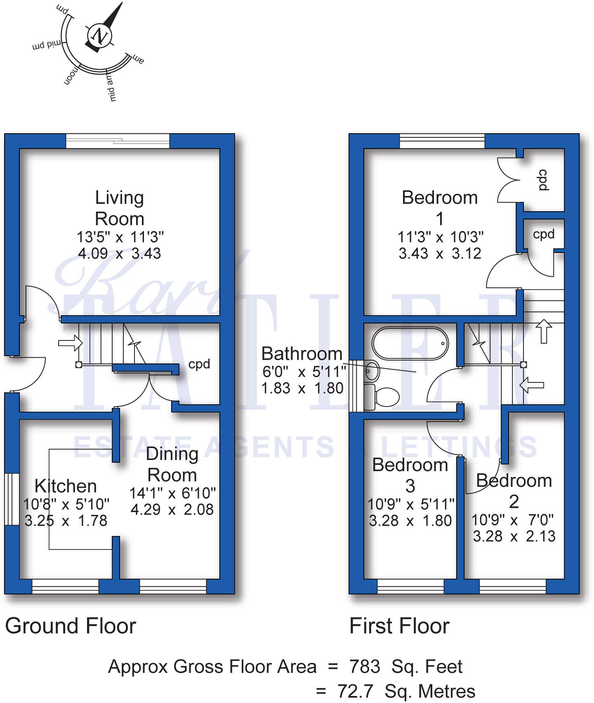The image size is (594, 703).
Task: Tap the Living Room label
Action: click(x=120, y=208)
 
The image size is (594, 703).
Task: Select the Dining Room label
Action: click(x=172, y=464)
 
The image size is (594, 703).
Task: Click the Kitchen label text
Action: click(x=66, y=486)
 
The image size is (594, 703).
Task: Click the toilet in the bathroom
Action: click(x=382, y=397)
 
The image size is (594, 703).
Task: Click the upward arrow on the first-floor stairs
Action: click(x=544, y=330)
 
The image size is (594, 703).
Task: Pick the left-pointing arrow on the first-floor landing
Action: click(x=531, y=385)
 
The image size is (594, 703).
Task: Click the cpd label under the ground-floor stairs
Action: click(x=199, y=364)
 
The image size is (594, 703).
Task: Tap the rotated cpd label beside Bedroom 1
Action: click(x=544, y=180)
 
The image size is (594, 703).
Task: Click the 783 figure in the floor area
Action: click(x=365, y=666)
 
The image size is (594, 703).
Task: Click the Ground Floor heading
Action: click(x=71, y=626)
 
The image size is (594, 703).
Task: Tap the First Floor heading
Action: click(x=399, y=626)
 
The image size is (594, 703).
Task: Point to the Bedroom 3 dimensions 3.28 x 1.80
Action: click(x=410, y=521)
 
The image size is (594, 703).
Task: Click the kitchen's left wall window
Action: click(x=12, y=499)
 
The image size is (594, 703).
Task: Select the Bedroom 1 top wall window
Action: click(x=442, y=141)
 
